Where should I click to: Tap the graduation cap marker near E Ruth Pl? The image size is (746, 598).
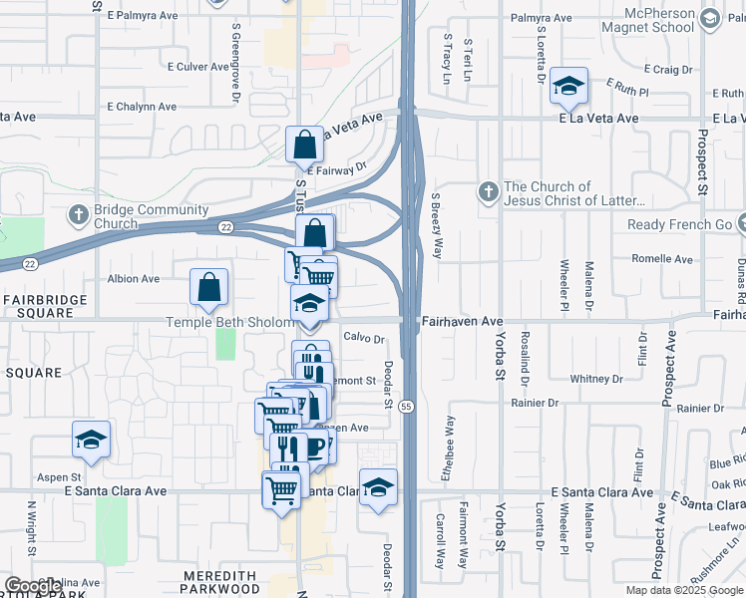click(568, 87)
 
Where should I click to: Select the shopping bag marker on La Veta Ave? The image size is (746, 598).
click(304, 146)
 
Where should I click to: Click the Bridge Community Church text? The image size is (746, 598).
click(151, 216)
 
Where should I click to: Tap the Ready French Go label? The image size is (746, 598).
click(680, 224)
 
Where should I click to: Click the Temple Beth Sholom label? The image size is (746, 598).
click(230, 321)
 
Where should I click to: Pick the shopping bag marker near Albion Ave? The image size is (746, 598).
click(209, 288)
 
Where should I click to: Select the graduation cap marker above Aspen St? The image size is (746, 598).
click(91, 441)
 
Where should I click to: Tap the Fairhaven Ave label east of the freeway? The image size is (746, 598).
click(462, 321)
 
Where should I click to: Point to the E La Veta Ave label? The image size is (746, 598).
click(598, 118)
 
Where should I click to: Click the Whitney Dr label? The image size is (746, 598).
click(595, 379)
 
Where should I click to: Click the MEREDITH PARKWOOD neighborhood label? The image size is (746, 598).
click(226, 582)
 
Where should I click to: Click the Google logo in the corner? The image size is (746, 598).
click(34, 585)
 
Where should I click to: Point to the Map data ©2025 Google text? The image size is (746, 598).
click(685, 590)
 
